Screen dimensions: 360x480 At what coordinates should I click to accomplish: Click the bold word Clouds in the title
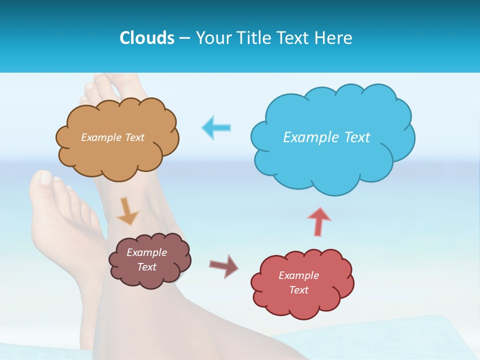[x=146, y=38]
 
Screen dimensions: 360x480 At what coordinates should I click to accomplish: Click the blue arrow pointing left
[x=216, y=127]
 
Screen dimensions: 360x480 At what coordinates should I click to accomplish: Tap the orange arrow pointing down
[x=127, y=210]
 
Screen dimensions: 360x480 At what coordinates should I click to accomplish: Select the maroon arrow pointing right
[x=223, y=265]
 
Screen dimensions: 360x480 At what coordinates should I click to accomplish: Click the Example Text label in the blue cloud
[x=326, y=137]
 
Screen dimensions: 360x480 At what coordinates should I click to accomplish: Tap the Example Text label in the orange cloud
[x=112, y=137]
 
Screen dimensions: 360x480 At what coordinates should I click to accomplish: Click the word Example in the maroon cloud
[x=146, y=252]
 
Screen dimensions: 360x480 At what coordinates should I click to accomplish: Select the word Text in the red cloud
[x=299, y=290]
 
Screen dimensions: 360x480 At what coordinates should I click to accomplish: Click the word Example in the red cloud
[x=298, y=275]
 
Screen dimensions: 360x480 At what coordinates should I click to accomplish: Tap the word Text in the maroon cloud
[x=147, y=267]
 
